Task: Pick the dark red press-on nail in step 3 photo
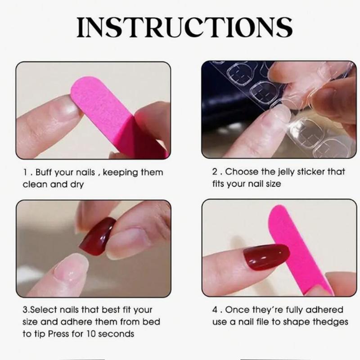[98, 236]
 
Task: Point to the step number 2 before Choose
[215, 172]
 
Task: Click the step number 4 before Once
[215, 310]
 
